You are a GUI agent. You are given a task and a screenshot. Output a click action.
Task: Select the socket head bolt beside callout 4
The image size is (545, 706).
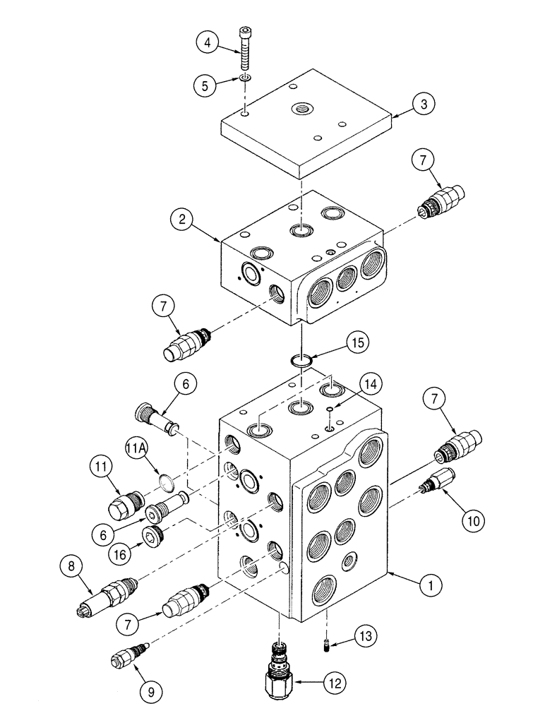pyautogui.click(x=244, y=49)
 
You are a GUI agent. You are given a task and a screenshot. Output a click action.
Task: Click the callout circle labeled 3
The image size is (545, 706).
pyautogui.click(x=424, y=104)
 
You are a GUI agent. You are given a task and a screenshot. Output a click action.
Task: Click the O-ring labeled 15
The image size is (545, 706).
pyautogui.click(x=301, y=362)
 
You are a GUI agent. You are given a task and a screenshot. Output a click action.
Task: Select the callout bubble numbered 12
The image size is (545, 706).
pyautogui.click(x=335, y=683)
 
